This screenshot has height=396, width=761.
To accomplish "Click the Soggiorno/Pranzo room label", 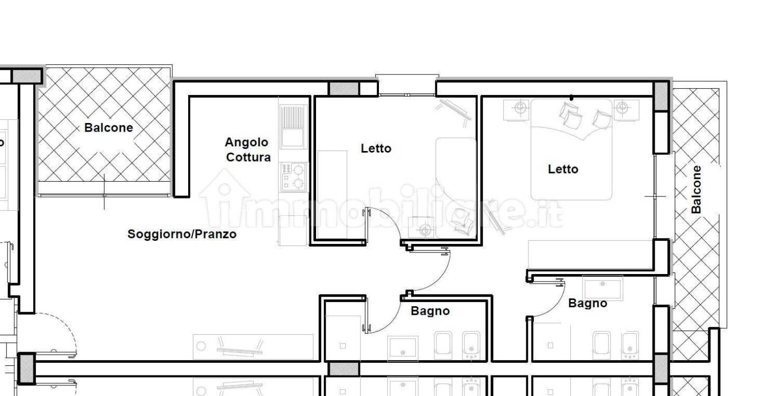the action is [182, 234].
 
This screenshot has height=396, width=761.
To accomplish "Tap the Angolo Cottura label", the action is [248, 149].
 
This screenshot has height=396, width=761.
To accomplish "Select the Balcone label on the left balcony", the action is [108, 128].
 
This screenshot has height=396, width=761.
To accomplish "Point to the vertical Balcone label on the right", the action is [696, 190].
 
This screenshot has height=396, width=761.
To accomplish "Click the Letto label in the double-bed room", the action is [563, 169].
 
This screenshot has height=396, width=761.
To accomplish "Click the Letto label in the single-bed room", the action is [376, 148].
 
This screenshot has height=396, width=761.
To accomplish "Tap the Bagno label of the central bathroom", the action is [430, 311].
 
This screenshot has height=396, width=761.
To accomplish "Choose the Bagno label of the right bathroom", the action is [588, 303].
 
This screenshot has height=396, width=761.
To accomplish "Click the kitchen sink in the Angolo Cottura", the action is [293, 127].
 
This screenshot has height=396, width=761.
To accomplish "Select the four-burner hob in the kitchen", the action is [293, 176].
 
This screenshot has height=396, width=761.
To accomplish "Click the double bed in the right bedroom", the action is [571, 149].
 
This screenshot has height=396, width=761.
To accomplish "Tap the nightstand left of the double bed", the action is [517, 110].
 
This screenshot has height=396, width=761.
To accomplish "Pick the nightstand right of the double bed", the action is [626, 110].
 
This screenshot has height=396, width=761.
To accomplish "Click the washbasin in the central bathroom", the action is [403, 347].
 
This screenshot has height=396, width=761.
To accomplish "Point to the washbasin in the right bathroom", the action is [602, 287].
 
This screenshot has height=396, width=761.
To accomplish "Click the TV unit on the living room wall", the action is [253, 347].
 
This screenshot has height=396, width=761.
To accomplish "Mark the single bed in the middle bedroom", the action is [456, 188].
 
